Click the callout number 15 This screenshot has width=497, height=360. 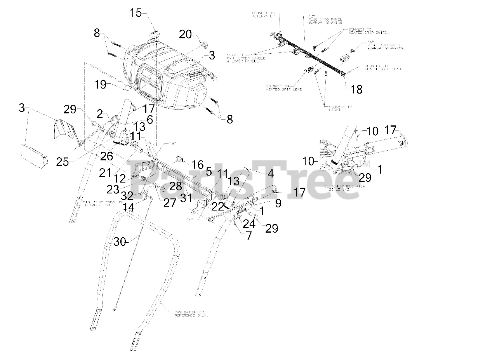(x=136, y=13)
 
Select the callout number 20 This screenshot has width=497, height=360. (x=185, y=35)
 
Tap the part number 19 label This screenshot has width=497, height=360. (x=101, y=84)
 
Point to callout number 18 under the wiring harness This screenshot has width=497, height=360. (x=356, y=89)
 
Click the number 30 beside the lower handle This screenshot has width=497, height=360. (x=120, y=242)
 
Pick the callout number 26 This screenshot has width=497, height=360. (x=107, y=156)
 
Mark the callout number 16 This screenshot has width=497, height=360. (x=197, y=163)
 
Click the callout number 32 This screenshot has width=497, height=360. (x=127, y=195)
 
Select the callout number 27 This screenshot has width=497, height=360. (x=169, y=202)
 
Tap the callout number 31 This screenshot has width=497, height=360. (x=186, y=198)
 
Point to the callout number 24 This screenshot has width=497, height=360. (x=249, y=223)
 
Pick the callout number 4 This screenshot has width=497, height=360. (x=271, y=174)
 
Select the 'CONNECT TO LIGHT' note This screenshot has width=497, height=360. (x=340, y=108)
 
